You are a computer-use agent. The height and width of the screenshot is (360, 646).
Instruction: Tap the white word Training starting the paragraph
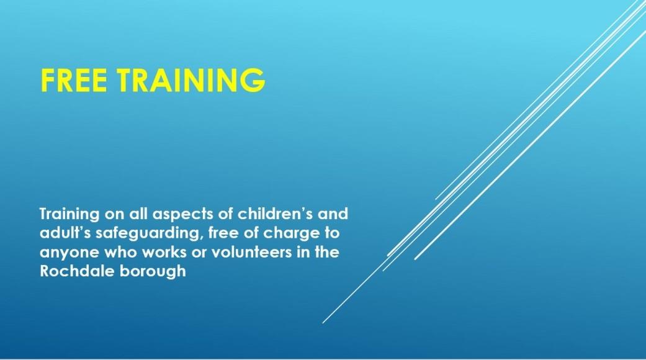click(x=70, y=215)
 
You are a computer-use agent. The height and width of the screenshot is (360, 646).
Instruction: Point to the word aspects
click(x=188, y=215)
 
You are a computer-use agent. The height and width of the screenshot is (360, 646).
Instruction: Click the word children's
click(x=275, y=214)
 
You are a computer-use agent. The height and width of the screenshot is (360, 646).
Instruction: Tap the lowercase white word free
click(x=223, y=233)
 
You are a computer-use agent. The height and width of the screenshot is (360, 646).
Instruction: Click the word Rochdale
click(x=77, y=271)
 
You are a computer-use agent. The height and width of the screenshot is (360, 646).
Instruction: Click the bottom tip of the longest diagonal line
click(x=323, y=323)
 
